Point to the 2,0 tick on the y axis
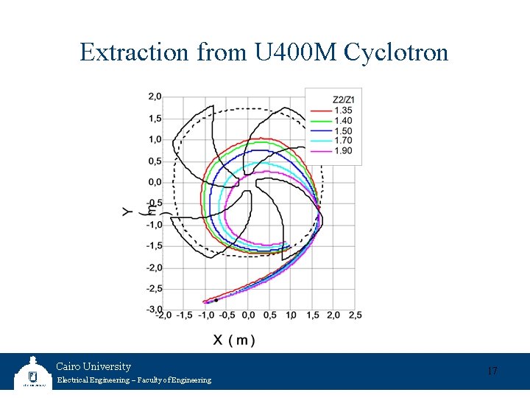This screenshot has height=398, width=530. point(155,97)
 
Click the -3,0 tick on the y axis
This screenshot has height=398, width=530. point(154,309)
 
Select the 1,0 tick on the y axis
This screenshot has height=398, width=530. point(155,139)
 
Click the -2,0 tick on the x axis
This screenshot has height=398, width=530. point(163,315)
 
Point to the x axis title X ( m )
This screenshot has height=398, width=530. point(234,340)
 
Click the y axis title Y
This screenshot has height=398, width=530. point(128,212)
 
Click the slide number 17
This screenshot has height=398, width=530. point(492,371)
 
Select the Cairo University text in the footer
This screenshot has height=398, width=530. point(93,366)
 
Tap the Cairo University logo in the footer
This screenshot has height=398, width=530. point(32,373)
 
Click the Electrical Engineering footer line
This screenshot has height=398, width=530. point(133,380)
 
